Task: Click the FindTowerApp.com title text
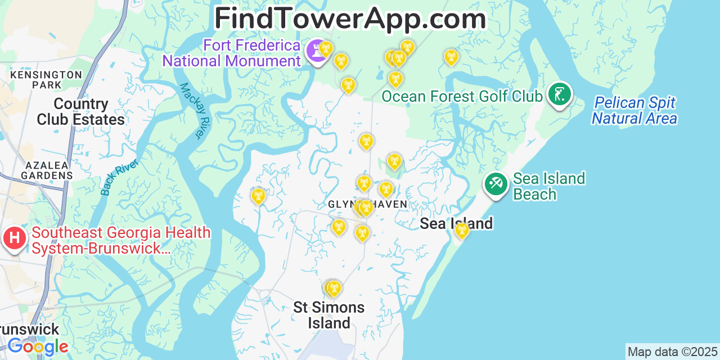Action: coord(350,19)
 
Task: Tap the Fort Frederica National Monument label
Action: coord(232,53)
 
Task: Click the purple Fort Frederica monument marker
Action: coord(317,52)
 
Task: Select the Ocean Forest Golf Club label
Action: coord(462,96)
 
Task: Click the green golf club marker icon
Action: coord(559,94)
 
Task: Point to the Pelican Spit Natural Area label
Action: coord(634,111)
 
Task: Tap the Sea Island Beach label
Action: coord(549,186)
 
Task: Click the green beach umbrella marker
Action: coord(496,184)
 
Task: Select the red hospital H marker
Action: coord(15,238)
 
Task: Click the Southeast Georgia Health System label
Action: coord(121,240)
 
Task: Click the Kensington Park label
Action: coord(46,80)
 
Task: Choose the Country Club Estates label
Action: coord(80,112)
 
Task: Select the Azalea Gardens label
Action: coord(47,170)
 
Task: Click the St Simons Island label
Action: coord(329,315)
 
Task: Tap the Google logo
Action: coord(38,346)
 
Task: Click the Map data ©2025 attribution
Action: coord(672,352)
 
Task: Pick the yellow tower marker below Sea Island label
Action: coord(462,230)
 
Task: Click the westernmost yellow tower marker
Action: coord(258,196)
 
